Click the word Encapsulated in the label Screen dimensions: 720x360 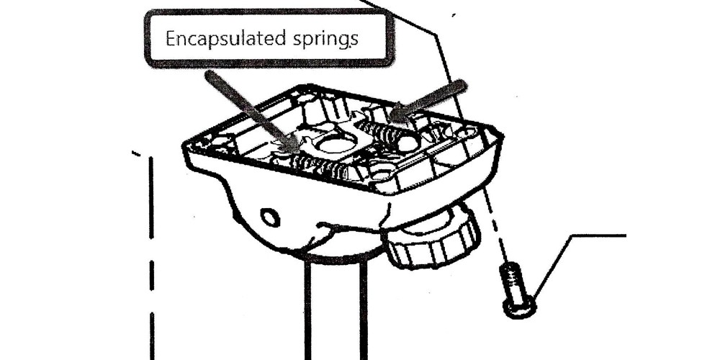click(x=225, y=39)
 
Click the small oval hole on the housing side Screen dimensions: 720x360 click(x=271, y=217)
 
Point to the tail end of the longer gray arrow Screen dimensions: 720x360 click(x=209, y=74)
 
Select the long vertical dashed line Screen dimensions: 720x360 click(x=152, y=257)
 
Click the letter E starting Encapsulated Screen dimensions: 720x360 click(x=171, y=39)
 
